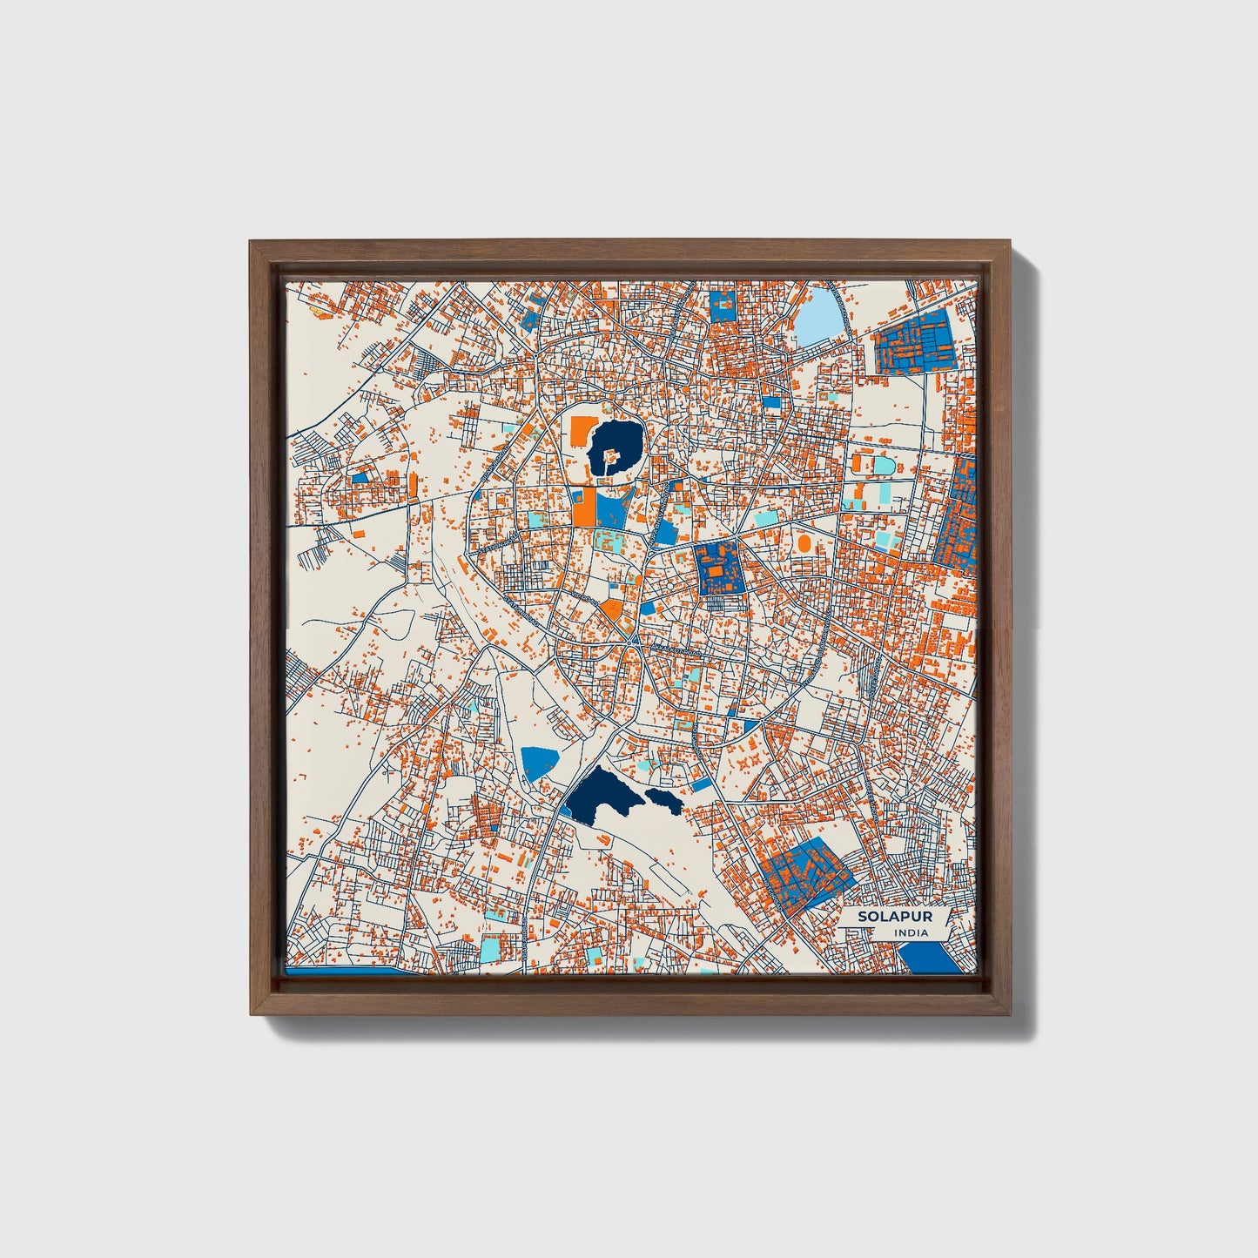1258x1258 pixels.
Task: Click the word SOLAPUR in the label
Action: click(x=883, y=917)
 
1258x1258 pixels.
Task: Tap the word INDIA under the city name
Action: click(x=911, y=932)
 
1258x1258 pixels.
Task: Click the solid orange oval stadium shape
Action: click(x=804, y=543)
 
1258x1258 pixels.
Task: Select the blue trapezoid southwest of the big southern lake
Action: click(x=539, y=762)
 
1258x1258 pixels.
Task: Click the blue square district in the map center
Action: click(x=720, y=569)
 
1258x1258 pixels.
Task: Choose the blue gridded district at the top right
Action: click(x=914, y=342)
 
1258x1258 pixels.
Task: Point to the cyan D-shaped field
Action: click(x=884, y=466)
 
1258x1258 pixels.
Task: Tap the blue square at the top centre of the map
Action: click(x=723, y=306)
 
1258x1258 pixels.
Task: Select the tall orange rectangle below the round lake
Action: click(x=583, y=507)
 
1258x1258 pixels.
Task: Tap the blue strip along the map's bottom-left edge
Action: click(x=348, y=970)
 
